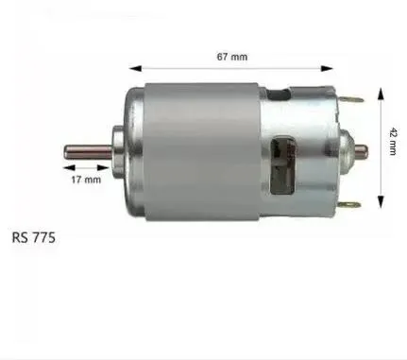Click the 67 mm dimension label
[232, 57]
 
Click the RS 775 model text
[35, 238]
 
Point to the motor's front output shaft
[85, 150]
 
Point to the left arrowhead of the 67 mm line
[132, 67]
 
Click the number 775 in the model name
[43, 238]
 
